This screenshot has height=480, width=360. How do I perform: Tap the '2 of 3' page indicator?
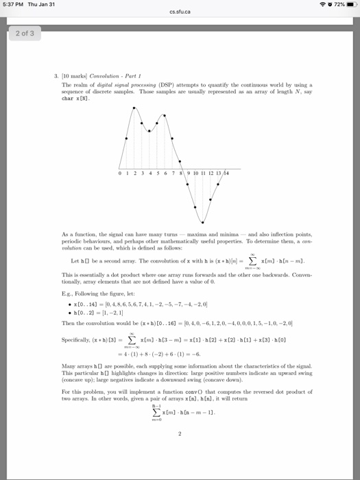coord(23,32)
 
